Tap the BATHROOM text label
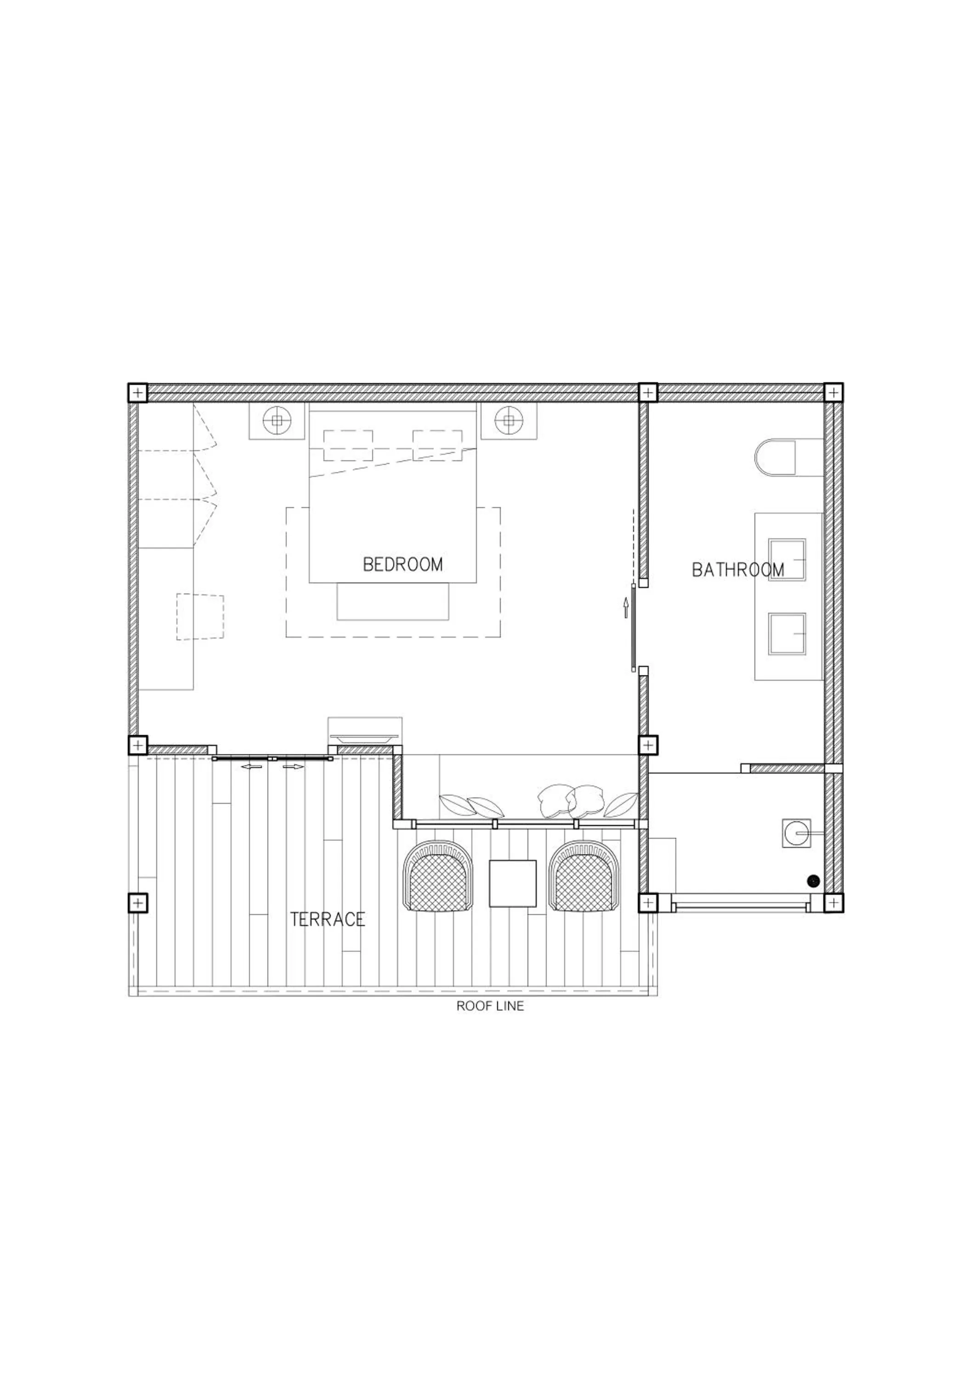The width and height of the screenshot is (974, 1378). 737,570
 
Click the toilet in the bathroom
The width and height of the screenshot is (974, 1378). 776,458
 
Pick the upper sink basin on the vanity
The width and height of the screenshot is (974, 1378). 787,559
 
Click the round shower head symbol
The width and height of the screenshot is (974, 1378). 796,833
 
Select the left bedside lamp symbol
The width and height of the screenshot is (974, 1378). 277,421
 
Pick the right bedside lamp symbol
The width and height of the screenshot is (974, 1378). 509,421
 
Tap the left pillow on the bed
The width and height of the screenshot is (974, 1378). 348,446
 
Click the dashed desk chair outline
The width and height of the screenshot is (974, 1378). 200,617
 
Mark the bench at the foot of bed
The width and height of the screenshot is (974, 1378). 392,601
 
